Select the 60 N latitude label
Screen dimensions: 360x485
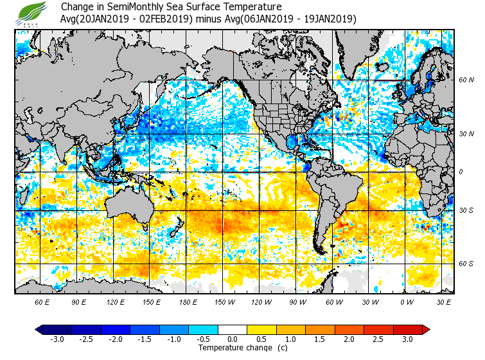point(466,80)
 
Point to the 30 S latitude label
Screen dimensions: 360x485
point(466,211)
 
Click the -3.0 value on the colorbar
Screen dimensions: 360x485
point(57,339)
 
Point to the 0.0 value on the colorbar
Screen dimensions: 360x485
point(233,339)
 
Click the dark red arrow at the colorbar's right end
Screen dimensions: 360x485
point(426,330)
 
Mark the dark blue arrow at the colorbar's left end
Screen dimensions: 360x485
point(39,330)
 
